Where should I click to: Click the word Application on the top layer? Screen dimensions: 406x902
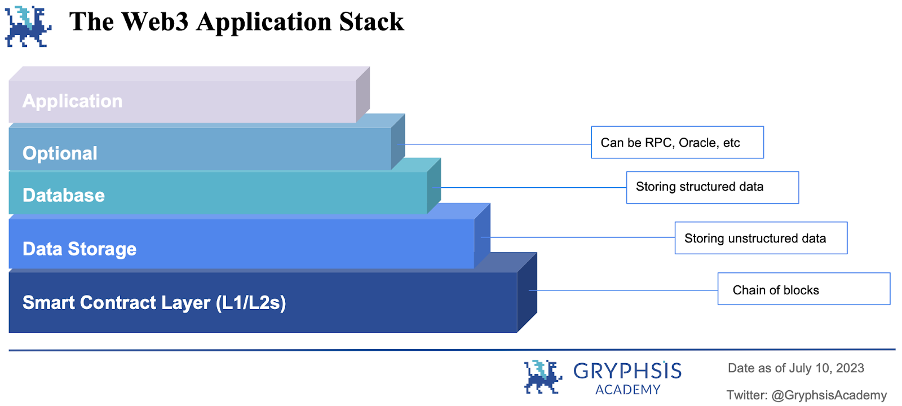(72, 101)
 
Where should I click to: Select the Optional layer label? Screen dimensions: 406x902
(60, 153)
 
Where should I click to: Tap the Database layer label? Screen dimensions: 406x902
(64, 195)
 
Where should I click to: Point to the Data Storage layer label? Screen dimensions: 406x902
(79, 249)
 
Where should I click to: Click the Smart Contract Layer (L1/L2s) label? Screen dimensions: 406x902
(154, 303)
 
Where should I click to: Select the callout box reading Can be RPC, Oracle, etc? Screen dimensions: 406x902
(677, 143)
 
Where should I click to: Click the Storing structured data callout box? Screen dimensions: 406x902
(712, 187)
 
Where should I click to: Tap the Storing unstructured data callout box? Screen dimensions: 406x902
(760, 238)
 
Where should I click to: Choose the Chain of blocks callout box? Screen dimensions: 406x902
(803, 289)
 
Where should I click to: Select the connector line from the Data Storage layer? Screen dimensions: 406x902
(581, 237)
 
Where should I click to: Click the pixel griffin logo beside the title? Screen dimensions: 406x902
(28, 26)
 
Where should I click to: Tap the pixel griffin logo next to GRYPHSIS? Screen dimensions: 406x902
(543, 377)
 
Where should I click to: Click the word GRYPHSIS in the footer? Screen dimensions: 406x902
(627, 371)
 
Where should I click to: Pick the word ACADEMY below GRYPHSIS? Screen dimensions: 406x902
(627, 390)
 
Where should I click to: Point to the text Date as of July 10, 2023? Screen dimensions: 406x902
(795, 368)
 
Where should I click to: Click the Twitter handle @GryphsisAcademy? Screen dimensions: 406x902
(829, 395)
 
